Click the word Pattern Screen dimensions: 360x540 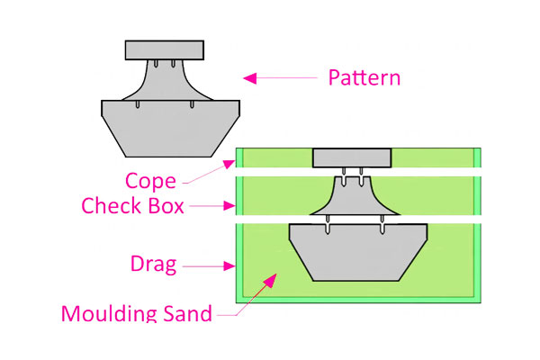tap(364, 77)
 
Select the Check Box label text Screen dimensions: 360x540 tap(132, 206)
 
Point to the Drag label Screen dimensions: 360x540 tap(152, 265)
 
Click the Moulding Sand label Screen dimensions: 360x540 tap(137, 314)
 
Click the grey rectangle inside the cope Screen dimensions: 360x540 tap(352, 158)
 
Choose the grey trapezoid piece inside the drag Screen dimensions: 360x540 tap(356, 251)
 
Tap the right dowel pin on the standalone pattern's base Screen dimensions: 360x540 tap(193, 105)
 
